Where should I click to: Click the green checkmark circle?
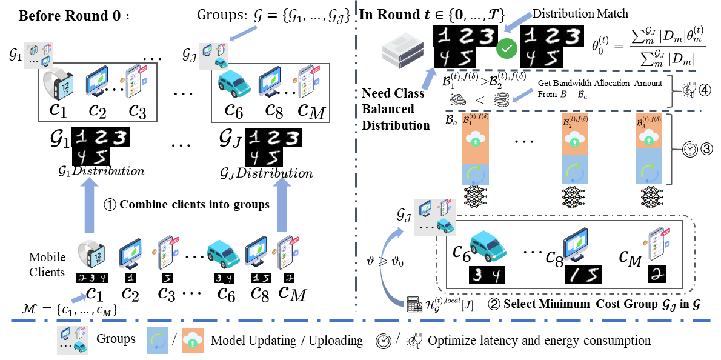point(507,48)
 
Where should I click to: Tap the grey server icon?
point(403,48)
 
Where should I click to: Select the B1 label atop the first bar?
point(475,119)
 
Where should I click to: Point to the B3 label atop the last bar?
point(649,121)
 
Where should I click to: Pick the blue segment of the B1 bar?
point(475,174)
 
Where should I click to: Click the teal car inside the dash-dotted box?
point(488,245)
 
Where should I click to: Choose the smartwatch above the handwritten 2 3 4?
point(91,254)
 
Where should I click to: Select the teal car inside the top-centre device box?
point(234,84)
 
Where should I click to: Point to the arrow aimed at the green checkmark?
point(519,23)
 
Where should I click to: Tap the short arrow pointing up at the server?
point(428,79)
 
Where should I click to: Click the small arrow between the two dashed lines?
point(523,95)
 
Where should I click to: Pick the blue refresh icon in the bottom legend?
point(158,341)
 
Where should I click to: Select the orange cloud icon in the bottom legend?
point(193,341)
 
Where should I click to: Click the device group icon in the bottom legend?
point(72,340)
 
